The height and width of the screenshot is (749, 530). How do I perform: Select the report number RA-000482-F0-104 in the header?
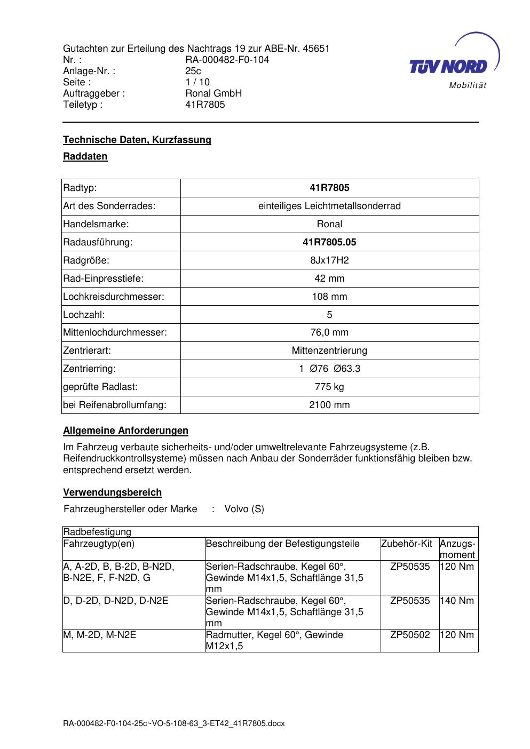coord(227,60)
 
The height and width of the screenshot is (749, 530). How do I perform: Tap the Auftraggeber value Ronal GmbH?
coord(213,93)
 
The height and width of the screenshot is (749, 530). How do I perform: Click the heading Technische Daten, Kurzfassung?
coord(137,140)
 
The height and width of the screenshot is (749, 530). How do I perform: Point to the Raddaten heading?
coord(85,156)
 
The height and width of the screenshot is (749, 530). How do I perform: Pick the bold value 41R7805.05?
coord(329,242)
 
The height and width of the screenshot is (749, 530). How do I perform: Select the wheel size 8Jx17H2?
coord(329,260)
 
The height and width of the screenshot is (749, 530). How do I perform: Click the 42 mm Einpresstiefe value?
coord(329,278)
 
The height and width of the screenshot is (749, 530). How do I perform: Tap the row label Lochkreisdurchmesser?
coord(114,297)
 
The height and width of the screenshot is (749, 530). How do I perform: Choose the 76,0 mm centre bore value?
coord(329,332)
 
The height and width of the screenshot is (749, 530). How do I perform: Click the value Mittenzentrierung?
coord(329,350)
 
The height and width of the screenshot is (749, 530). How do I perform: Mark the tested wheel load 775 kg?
coord(329,387)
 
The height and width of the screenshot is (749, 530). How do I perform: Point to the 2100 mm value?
coord(329,405)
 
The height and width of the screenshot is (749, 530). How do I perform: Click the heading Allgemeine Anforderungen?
coord(125,431)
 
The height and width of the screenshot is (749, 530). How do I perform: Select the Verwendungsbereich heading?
coord(112,492)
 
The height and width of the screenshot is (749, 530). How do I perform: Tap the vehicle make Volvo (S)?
coord(244,509)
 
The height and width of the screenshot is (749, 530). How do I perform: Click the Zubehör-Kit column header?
coord(406,544)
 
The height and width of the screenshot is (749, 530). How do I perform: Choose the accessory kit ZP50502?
coord(410,635)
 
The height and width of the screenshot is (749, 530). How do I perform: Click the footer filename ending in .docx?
coord(174,723)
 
